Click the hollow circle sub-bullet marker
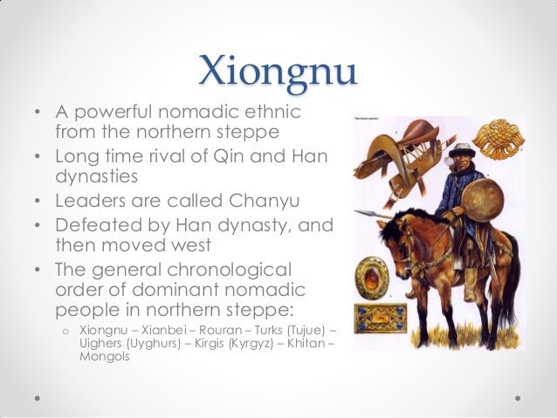pyautogui.click(x=65, y=332)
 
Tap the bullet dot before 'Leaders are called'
pyautogui.click(x=38, y=202)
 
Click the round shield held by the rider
pyautogui.click(x=483, y=200)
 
